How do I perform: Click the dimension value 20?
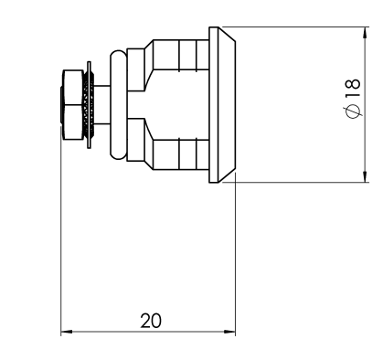151,321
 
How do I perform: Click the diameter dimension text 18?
354,89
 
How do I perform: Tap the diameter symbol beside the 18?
353,111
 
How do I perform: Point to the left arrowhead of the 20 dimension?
67,332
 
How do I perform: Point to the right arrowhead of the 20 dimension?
229,332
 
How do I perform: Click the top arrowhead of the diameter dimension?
365,33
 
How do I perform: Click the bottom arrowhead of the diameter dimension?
365,176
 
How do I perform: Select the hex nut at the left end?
72,105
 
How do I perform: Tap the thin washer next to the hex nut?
89,105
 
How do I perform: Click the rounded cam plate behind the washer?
118,105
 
